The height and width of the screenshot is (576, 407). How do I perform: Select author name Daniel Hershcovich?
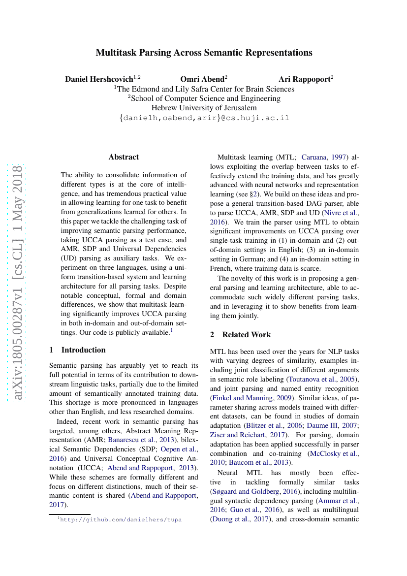point(99,79)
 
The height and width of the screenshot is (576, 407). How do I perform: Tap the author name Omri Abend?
point(202,79)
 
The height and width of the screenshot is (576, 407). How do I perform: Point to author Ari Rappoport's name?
point(304,79)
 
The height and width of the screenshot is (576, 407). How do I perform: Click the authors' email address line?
point(204,118)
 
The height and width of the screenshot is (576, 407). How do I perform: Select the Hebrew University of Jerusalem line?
point(204,108)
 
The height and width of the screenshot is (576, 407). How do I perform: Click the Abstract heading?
point(124,157)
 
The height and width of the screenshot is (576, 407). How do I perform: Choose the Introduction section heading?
point(83,350)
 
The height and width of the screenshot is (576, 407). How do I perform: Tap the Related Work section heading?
point(246,335)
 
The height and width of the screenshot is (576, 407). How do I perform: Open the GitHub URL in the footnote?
point(121,519)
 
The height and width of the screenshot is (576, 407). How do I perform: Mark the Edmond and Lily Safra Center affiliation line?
point(204,89)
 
